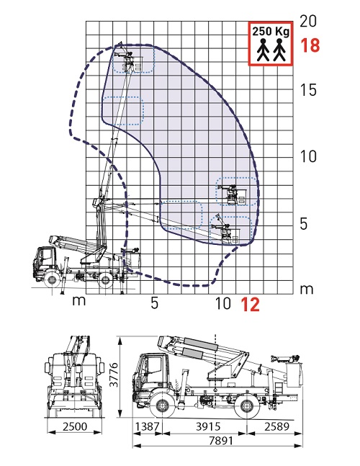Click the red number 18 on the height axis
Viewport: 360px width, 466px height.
[x=310, y=45]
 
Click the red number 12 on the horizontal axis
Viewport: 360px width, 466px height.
[x=251, y=305]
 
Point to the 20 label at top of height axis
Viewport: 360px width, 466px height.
[x=308, y=21]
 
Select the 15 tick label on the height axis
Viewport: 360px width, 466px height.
[x=308, y=89]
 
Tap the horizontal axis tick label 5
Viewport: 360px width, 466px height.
[x=154, y=303]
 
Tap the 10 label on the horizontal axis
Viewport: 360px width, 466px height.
[x=222, y=303]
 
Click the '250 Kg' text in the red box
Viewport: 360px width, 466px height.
[x=271, y=31]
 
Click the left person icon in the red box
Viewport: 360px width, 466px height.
[x=263, y=50]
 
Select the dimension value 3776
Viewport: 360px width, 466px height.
[x=114, y=375]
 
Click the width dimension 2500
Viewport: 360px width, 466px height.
[x=75, y=426]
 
